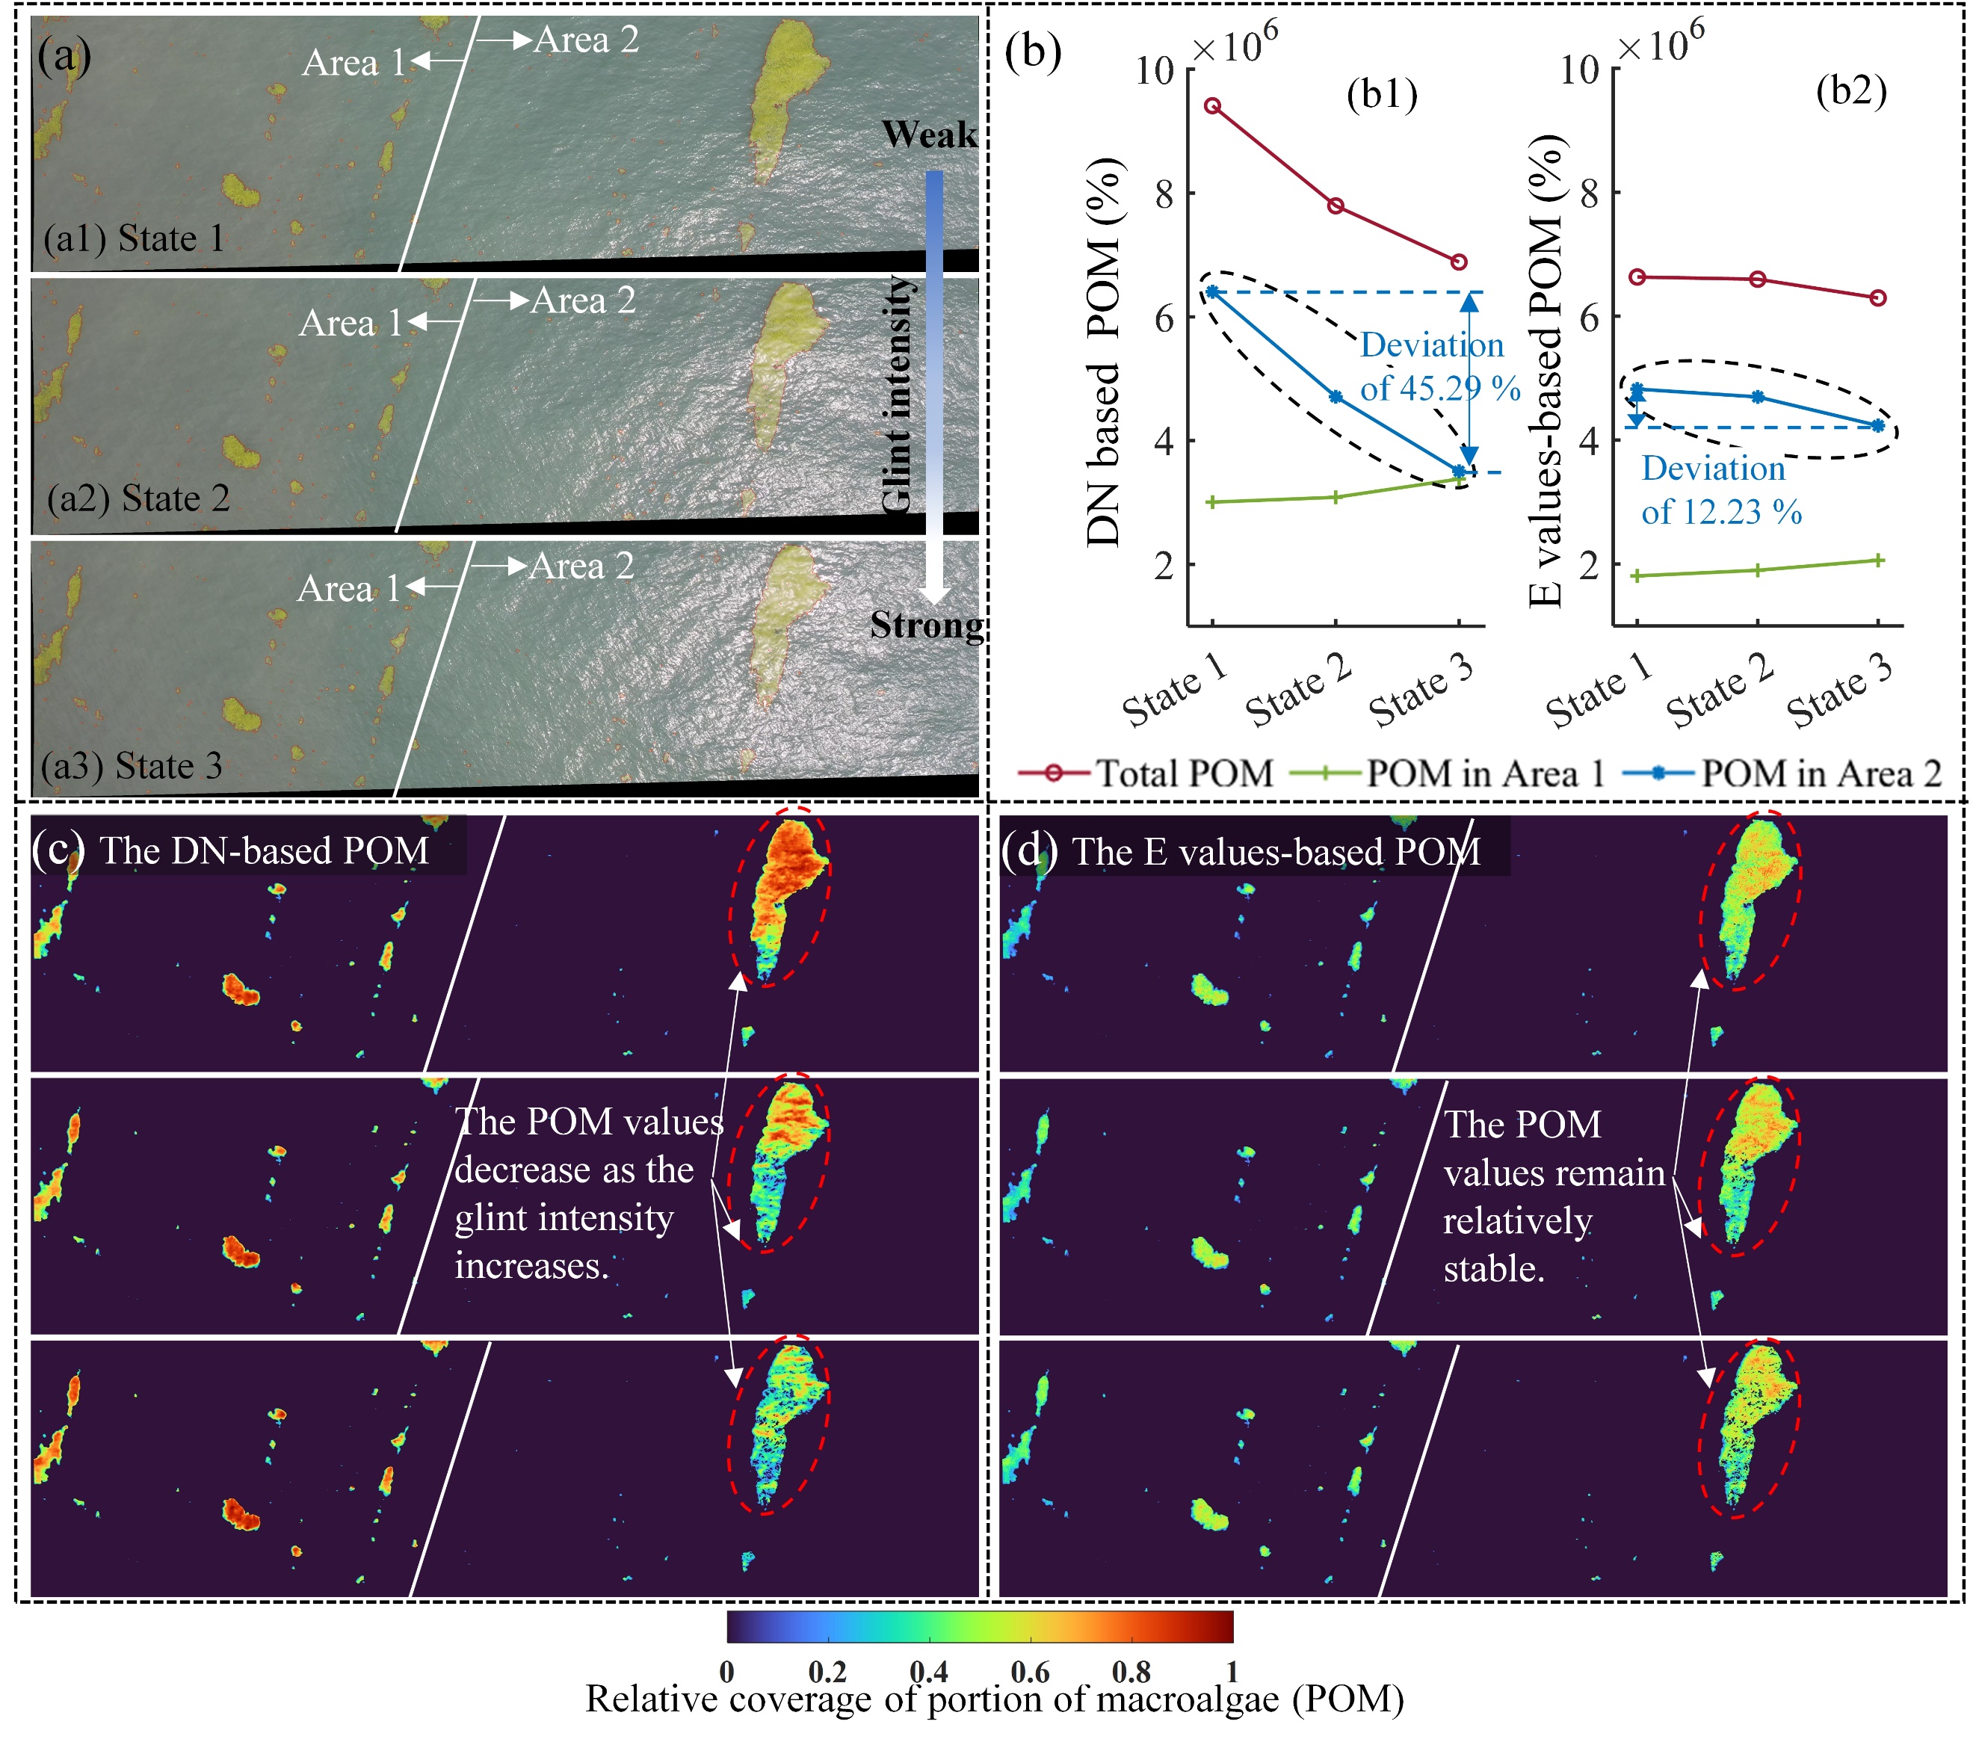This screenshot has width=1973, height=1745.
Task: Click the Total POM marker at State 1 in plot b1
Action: click(1212, 106)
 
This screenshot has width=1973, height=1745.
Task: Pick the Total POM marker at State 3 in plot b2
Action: click(1877, 298)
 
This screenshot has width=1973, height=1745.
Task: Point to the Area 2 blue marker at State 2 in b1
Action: click(1336, 397)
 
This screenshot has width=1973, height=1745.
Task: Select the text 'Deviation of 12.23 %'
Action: click(1721, 490)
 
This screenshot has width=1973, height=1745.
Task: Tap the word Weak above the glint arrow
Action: click(929, 135)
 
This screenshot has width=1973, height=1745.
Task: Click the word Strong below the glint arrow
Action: click(927, 626)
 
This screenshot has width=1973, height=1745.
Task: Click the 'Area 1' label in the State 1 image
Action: click(353, 64)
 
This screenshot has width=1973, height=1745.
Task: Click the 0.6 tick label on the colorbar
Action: click(1030, 1671)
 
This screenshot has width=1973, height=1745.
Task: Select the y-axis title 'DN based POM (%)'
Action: click(1103, 352)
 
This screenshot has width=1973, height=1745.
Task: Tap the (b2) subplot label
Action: click(1850, 92)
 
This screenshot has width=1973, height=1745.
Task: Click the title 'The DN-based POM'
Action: click(264, 850)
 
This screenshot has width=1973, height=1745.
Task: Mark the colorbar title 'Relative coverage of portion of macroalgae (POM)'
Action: click(994, 1698)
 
